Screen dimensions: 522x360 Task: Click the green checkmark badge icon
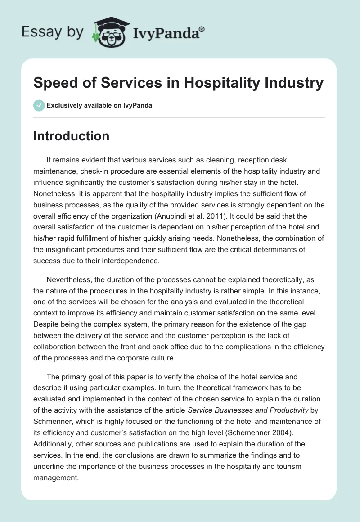click(x=39, y=105)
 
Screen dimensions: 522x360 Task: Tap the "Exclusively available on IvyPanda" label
click(x=99, y=106)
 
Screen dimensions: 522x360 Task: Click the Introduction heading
click(x=71, y=136)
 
